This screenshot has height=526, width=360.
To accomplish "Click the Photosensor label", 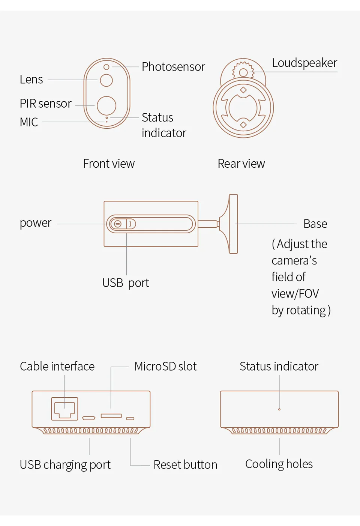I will click(173, 67).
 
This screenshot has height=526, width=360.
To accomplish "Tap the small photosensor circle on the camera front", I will click(106, 67).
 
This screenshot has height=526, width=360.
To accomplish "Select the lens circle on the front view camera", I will click(106, 80).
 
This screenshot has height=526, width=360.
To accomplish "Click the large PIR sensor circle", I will click(106, 105).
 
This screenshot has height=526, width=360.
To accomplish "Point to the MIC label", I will click(29, 122).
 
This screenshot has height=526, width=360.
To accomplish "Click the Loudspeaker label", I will click(304, 63).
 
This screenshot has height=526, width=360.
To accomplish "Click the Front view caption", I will click(109, 164).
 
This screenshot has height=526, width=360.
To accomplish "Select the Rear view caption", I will click(241, 164).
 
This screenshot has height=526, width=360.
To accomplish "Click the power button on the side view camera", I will click(118, 224).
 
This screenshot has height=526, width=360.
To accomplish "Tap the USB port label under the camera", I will click(126, 283).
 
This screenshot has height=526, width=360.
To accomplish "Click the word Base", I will click(315, 224).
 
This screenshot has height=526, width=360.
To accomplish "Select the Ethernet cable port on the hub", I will click(64, 409).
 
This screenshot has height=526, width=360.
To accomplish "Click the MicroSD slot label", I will click(165, 366).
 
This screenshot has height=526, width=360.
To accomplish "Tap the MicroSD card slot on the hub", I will click(111, 416).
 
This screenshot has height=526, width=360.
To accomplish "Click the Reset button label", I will click(185, 465).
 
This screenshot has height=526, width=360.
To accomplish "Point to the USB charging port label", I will click(65, 465).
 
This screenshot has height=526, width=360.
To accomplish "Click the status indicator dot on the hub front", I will click(279, 409).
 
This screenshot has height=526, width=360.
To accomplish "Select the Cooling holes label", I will click(279, 464).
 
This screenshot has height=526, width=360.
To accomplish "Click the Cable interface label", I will click(57, 366).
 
